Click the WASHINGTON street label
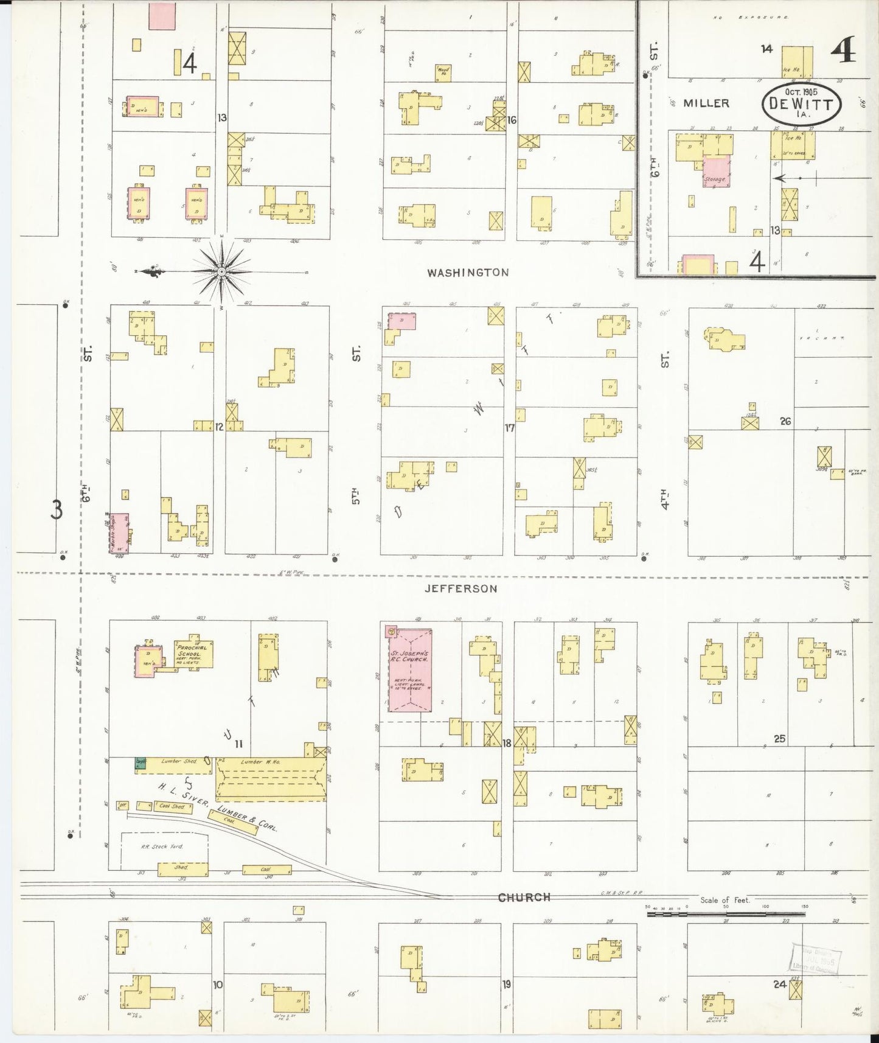[x=467, y=273]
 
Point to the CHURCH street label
[x=524, y=897]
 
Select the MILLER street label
[x=706, y=103]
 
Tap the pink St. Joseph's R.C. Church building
[x=410, y=670]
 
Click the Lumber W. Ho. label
[x=260, y=762]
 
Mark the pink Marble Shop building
[x=119, y=532]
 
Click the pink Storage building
[x=716, y=171]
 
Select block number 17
[x=509, y=428]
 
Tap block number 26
[x=785, y=421]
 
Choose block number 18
[x=507, y=742]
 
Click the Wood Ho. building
[x=443, y=73]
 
